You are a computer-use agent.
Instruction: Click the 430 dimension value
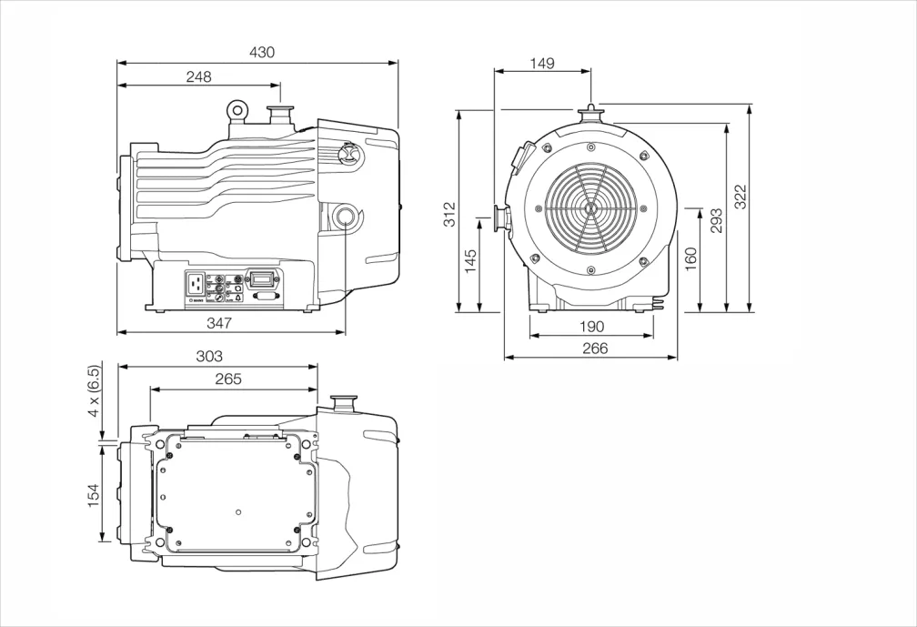point(262,53)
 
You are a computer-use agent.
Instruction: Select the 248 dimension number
point(198,77)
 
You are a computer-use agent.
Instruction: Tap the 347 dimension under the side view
point(219,323)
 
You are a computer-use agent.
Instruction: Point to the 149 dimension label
point(542,64)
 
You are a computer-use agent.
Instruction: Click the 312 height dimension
point(450,213)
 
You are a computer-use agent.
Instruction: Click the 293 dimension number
point(717,221)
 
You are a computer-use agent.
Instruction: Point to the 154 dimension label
point(94,496)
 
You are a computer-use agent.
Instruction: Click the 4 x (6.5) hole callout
point(94,391)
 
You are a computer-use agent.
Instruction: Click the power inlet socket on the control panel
point(196,285)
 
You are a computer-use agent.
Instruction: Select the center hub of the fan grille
point(591,208)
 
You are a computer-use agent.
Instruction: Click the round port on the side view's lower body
point(346,216)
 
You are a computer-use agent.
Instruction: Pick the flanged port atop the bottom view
point(344,401)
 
